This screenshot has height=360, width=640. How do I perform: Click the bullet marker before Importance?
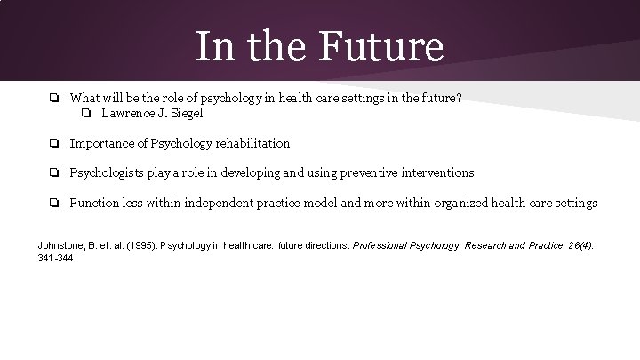click(54, 143)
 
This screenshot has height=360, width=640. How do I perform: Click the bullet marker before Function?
click(54, 203)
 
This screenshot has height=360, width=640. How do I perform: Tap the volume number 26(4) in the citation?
click(581, 244)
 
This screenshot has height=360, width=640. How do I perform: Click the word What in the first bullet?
click(85, 98)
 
